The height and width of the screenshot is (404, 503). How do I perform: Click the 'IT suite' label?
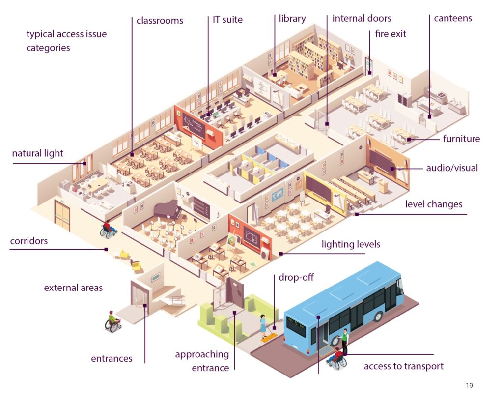[227, 20]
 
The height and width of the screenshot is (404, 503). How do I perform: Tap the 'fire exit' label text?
[391, 34]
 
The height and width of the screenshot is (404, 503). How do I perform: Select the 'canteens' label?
[452, 18]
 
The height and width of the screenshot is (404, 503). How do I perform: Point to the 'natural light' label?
[38, 153]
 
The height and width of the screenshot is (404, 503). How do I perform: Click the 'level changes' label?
[434, 204]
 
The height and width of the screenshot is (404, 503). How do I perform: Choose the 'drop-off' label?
[296, 278]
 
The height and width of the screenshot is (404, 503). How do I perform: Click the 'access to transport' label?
[403, 366]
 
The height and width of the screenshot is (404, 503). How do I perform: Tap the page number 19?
[470, 386]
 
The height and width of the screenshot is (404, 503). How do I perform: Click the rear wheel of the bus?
[377, 315]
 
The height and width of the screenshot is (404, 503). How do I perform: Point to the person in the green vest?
[344, 340]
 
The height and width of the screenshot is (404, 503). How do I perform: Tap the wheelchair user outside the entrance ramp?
[113, 321]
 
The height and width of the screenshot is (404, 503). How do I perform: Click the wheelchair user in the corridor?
[108, 229]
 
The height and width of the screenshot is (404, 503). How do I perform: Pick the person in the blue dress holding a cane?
[263, 325]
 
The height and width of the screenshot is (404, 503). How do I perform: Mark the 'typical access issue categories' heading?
[66, 41]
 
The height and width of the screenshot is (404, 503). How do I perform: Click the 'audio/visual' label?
[452, 168]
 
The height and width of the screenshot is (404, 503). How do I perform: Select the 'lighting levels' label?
[351, 244]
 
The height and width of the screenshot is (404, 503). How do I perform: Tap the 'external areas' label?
[73, 288]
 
